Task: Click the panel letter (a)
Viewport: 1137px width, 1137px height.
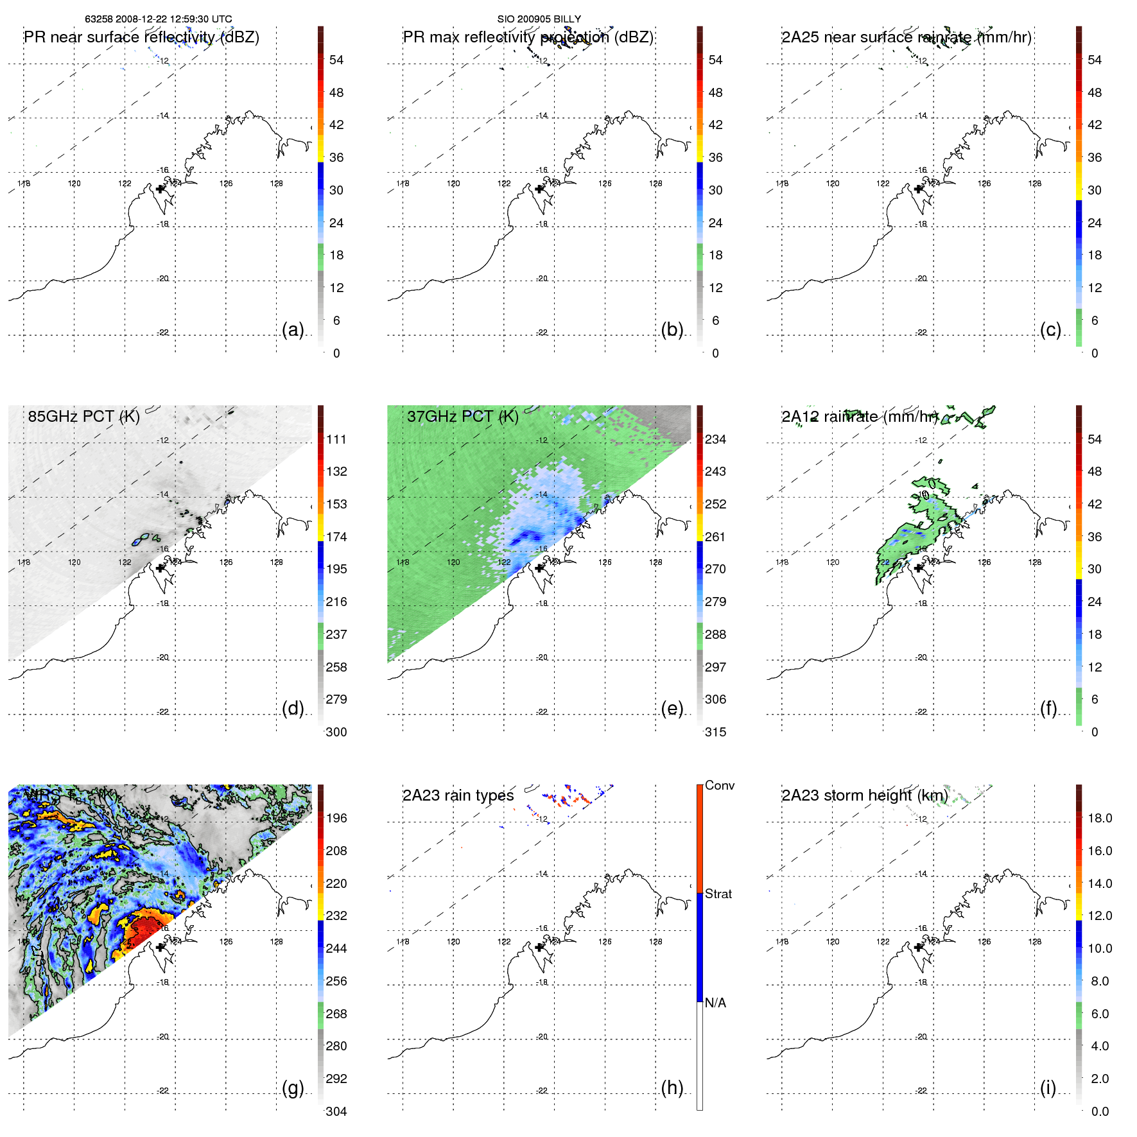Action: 293,330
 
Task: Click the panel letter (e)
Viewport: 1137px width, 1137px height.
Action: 672,709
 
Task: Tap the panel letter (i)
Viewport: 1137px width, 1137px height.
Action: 1048,1088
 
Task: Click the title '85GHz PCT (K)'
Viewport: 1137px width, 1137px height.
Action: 83,416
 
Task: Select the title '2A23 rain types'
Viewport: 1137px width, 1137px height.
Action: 458,795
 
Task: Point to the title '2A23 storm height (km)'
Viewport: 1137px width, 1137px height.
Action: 864,795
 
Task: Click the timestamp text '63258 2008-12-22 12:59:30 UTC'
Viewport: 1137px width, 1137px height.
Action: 159,19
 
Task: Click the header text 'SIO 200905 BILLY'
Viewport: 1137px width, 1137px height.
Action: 539,19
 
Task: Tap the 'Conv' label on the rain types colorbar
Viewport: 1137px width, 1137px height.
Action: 720,785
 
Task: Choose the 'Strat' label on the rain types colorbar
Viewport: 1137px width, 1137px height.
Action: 718,894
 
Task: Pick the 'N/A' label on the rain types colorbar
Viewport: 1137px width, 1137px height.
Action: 715,1003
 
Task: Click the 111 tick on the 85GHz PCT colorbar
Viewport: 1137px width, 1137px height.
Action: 336,439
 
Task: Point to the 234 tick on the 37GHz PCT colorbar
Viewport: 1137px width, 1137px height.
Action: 715,439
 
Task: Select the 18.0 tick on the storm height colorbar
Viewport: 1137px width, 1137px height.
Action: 1100,818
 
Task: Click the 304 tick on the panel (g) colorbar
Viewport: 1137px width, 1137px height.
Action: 336,1111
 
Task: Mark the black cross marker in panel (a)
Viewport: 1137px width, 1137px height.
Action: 161,189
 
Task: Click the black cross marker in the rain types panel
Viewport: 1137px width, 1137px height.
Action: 539,947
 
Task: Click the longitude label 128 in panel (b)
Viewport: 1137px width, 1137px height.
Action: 655,184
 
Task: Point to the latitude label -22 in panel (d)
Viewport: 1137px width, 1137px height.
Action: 164,712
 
